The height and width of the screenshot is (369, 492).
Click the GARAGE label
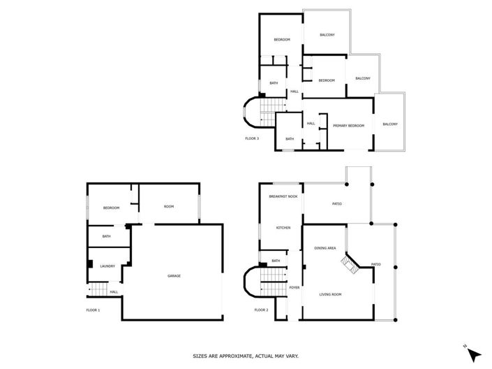(x=174, y=276)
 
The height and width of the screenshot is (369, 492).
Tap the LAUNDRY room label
(x=107, y=266)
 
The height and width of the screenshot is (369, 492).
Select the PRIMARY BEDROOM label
(x=348, y=125)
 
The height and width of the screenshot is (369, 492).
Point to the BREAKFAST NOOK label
(x=283, y=197)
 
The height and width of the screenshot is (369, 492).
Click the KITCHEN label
(x=283, y=228)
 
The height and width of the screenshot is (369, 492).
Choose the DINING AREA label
(x=325, y=248)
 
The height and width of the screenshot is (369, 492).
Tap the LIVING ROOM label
(x=330, y=294)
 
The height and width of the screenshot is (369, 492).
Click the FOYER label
(x=295, y=287)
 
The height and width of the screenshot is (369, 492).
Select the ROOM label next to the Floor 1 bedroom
(x=169, y=207)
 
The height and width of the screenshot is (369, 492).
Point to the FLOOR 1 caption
(x=93, y=310)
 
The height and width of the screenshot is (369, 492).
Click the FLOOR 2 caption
(x=261, y=310)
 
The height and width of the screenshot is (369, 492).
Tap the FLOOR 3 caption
(x=252, y=138)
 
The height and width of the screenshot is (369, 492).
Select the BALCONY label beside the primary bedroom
(x=390, y=124)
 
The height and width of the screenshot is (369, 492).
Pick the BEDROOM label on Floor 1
(x=112, y=208)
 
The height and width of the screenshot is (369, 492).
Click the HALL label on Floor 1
(x=113, y=292)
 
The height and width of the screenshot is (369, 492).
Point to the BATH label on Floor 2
(x=276, y=261)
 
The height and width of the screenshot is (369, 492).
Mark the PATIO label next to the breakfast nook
(x=336, y=204)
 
